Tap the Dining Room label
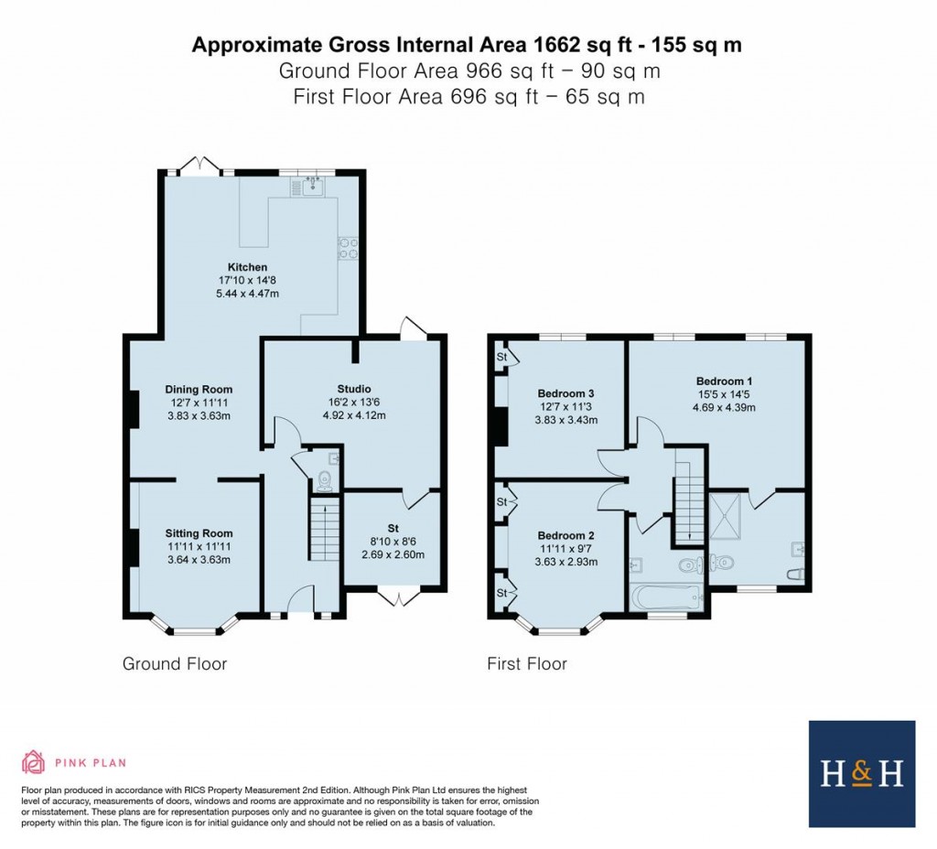coord(199,389)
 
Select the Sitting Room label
coord(199,533)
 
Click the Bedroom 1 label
coord(725,381)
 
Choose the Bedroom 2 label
coord(566,535)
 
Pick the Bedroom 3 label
coord(566,393)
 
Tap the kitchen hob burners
coord(348,248)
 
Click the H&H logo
coord(861,773)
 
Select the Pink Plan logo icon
coord(33,762)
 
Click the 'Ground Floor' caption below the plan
coord(175,663)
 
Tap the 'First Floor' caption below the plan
coord(526,663)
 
